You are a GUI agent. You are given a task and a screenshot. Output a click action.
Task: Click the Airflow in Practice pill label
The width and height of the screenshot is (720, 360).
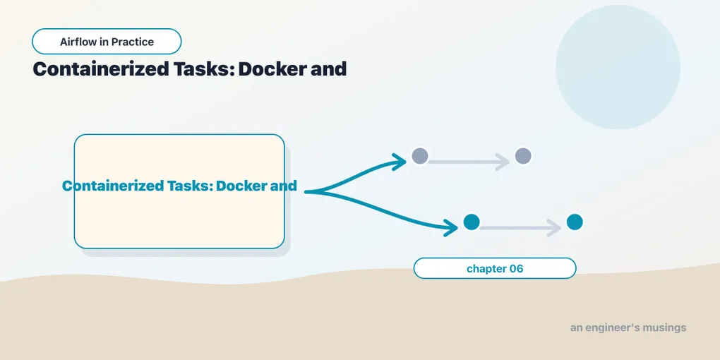click(x=107, y=42)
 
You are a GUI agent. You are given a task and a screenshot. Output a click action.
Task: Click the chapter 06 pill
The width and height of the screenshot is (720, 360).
click(x=495, y=268)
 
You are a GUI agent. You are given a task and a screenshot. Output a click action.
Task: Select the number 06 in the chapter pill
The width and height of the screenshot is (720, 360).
click(x=516, y=269)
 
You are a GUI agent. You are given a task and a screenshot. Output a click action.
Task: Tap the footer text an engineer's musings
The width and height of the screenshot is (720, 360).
click(x=628, y=328)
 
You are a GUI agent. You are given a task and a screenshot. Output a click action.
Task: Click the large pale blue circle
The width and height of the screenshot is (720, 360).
click(x=618, y=67)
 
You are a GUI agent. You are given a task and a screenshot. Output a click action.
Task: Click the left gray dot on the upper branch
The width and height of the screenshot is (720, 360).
click(x=420, y=156)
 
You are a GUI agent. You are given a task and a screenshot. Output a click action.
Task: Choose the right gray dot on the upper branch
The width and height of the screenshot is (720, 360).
click(x=523, y=156)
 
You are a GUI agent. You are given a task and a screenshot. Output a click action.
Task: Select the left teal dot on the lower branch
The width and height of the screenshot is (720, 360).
click(x=471, y=222)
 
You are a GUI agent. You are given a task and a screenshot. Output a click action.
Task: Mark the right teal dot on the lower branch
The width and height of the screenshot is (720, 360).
click(x=575, y=222)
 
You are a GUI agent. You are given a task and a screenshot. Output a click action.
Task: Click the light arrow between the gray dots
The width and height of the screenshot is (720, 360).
click(x=469, y=162)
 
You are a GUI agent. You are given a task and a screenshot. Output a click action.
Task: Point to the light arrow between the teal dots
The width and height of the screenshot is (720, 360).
click(x=520, y=228)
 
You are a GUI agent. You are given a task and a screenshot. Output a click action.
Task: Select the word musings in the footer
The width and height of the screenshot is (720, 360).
click(x=665, y=328)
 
